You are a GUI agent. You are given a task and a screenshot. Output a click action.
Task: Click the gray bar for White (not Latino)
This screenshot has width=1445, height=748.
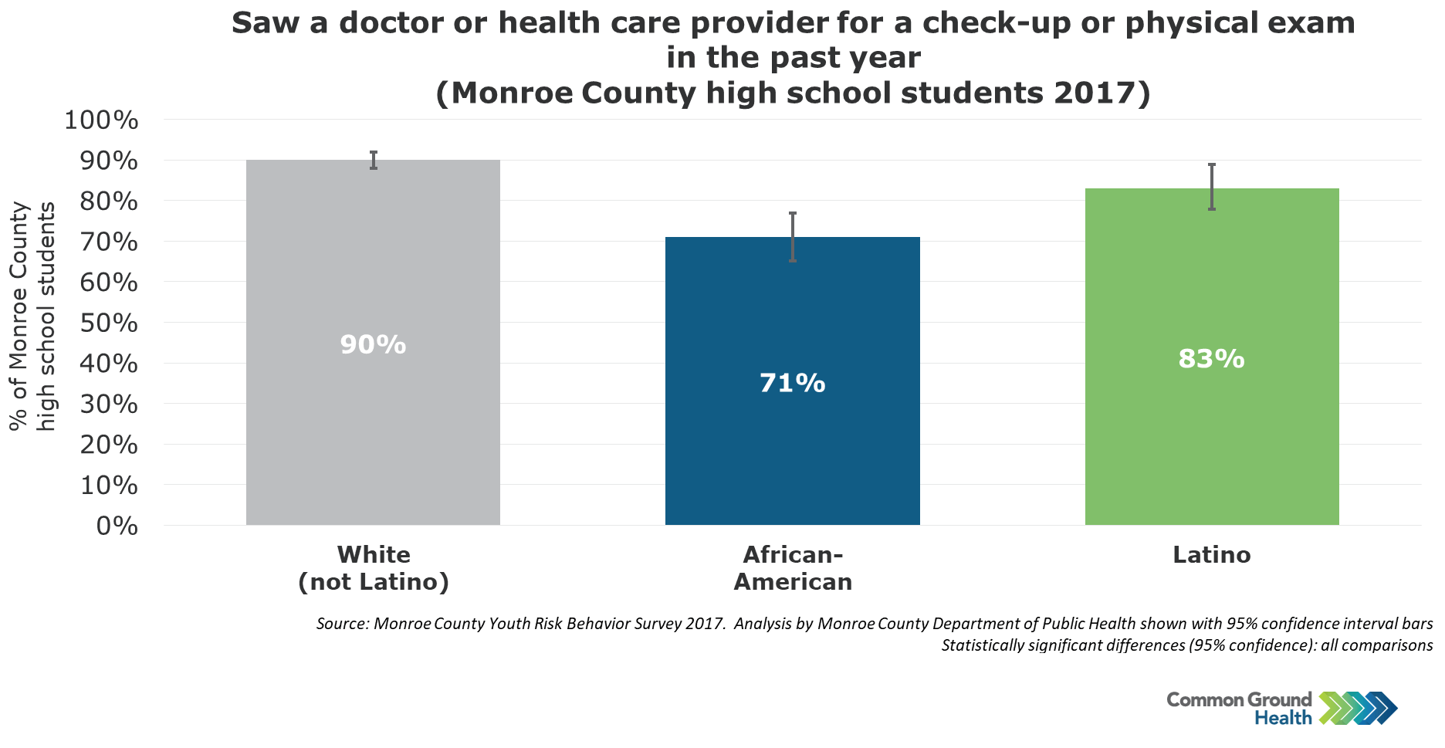tap(373, 342)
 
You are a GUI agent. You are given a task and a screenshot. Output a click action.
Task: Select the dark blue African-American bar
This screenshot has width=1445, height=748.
tap(793, 381)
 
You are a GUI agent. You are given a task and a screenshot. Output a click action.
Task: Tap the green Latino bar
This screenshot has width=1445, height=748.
tap(1212, 357)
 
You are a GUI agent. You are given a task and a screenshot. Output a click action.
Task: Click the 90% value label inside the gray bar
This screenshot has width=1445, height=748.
tap(373, 345)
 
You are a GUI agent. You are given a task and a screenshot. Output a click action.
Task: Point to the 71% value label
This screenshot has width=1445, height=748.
tap(793, 383)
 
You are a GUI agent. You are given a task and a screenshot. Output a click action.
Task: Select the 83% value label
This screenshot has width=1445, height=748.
tap(1212, 359)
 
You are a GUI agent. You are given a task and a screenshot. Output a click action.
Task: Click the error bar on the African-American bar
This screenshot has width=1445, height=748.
tap(793, 237)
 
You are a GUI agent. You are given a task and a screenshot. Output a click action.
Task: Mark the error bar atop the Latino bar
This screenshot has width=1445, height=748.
tap(1212, 187)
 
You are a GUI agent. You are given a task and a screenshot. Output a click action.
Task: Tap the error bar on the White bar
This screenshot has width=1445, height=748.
tap(374, 160)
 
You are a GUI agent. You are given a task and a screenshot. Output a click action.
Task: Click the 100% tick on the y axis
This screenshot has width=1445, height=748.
tap(102, 120)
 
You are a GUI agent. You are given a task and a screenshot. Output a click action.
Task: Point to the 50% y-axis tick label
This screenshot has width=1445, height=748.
tap(109, 323)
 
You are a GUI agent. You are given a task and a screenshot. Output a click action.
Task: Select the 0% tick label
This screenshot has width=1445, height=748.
tap(117, 526)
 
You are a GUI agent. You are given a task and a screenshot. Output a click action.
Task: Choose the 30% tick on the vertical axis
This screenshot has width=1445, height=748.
tap(109, 404)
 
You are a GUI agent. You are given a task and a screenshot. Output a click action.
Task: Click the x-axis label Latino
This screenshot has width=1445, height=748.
tap(1212, 555)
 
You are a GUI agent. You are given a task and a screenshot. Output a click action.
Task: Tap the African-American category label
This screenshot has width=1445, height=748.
tap(793, 568)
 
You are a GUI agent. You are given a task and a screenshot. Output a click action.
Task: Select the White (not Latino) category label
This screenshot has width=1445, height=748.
tap(374, 568)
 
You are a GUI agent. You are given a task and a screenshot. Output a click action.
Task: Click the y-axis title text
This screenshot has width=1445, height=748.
tap(32, 316)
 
